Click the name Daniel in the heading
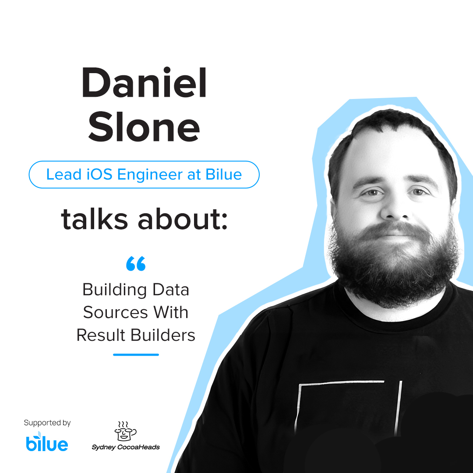[144, 83]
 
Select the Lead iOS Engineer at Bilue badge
[144, 174]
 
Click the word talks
[95, 219]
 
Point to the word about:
[183, 219]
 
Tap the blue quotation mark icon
[135, 264]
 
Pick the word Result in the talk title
[99, 335]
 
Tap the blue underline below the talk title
[136, 355]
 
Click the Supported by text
[47, 423]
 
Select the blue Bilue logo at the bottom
[47, 442]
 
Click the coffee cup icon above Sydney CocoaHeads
[125, 431]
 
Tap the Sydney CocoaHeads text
[126, 447]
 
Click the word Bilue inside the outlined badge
[224, 174]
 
